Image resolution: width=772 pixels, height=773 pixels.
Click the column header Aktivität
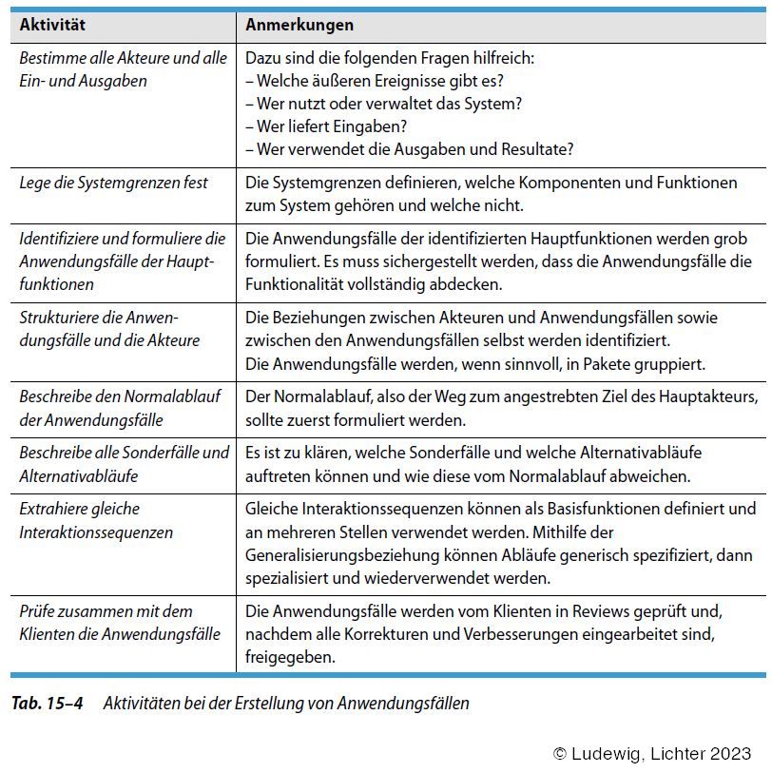(x=52, y=25)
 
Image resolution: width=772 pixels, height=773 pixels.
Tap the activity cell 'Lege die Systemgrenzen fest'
(x=113, y=182)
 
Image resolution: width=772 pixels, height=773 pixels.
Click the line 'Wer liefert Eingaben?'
(x=328, y=126)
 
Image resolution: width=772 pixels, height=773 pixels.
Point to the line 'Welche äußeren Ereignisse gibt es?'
(x=375, y=80)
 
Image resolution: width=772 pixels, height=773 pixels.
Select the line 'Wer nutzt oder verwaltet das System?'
(x=383, y=103)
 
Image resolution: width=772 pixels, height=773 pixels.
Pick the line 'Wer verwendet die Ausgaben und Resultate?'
(x=409, y=149)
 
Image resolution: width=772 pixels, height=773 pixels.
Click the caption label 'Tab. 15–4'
(x=48, y=704)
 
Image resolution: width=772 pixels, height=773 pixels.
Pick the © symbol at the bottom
(x=561, y=753)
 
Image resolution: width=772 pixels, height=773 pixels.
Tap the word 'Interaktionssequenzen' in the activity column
(x=96, y=532)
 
